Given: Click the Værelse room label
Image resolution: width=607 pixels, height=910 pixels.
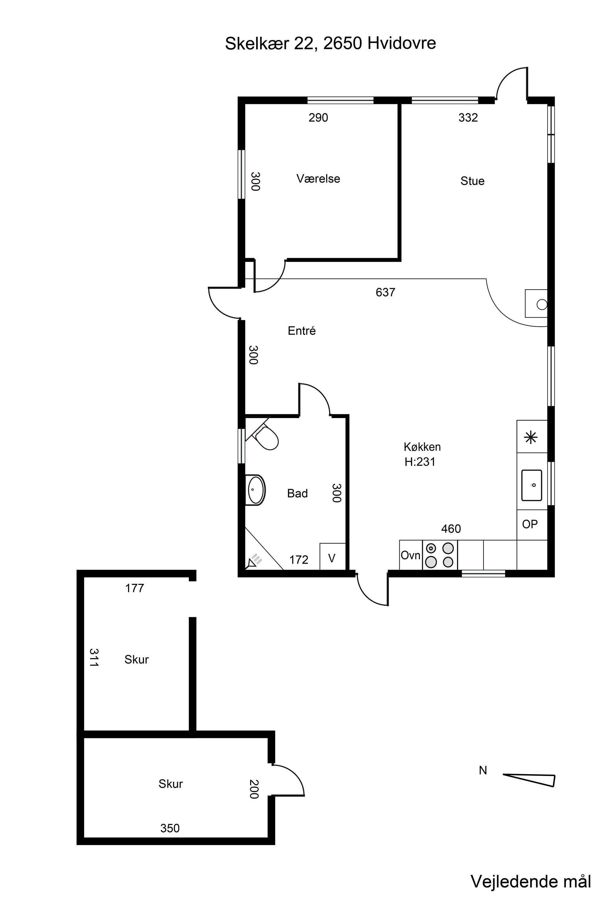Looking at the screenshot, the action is [318, 179].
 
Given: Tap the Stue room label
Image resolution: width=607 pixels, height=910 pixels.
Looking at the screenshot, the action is [472, 181].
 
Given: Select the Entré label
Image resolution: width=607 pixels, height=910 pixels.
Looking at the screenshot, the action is [302, 331].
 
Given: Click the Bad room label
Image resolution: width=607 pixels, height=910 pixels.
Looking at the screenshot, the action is [297, 493].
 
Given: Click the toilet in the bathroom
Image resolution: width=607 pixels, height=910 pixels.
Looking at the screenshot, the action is [266, 437].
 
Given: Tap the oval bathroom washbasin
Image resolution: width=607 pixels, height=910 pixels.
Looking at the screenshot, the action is [256, 490].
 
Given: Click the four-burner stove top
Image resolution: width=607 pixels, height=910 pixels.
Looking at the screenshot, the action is [440, 555].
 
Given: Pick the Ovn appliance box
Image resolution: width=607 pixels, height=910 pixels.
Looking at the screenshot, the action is [411, 555].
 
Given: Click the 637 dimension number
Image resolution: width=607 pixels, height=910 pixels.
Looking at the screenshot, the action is [385, 292].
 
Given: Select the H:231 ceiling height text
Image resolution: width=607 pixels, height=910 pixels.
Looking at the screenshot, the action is [420, 462].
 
